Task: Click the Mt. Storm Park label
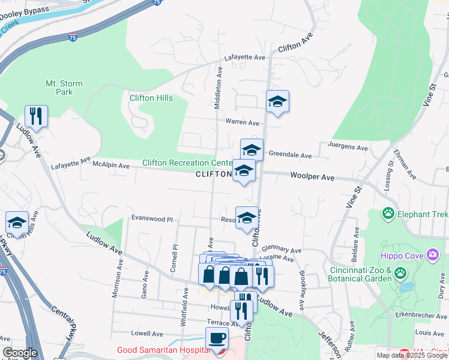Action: [64, 88]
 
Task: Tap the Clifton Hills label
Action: [151, 98]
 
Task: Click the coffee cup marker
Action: [217, 338]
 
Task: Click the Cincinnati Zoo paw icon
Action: [400, 274]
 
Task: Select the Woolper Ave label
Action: [312, 177]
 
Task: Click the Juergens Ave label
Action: [348, 146]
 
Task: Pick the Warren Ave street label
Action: [242, 122]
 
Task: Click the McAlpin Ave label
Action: [110, 165]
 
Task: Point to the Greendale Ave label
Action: [290, 155]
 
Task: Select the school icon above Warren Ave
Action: [277, 101]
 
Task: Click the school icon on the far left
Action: [17, 223]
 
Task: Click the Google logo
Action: [20, 353]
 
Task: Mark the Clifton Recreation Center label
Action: [187, 163]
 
